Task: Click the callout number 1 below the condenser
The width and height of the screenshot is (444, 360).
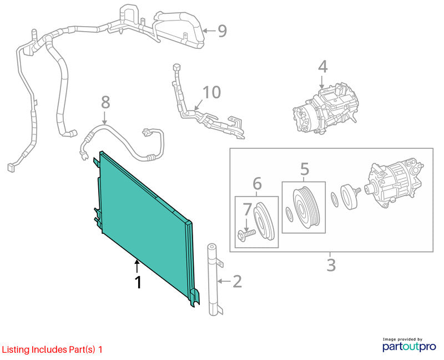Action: point(138,282)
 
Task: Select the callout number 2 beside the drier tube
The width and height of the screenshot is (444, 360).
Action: point(238,282)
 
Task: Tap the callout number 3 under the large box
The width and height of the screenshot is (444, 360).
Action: point(331,265)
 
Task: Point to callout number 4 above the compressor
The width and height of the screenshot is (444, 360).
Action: point(322,67)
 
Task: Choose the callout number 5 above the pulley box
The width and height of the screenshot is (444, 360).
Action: point(304,169)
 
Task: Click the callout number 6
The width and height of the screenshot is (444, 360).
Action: point(257,183)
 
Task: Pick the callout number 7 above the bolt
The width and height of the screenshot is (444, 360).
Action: point(247,209)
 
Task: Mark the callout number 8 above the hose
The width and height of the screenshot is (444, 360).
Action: point(105,102)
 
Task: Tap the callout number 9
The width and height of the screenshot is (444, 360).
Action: point(223,31)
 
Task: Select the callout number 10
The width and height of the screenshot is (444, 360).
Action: point(212,92)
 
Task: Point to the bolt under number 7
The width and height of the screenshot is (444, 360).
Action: point(246,234)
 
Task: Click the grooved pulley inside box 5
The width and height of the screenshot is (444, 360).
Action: point(306,207)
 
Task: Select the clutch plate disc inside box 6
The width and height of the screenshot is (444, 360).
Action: point(264,221)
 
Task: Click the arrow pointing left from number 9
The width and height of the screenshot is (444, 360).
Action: point(209,31)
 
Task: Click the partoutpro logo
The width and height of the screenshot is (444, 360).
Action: point(409,345)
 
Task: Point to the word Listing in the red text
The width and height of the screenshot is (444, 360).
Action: point(16,350)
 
